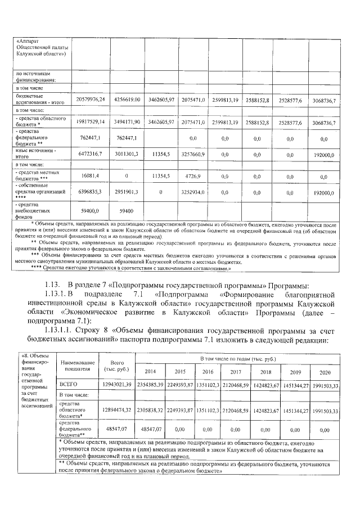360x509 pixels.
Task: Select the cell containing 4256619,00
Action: coord(127,100)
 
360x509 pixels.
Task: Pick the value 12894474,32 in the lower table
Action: coord(117,411)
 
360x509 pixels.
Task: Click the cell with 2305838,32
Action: coord(151,411)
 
